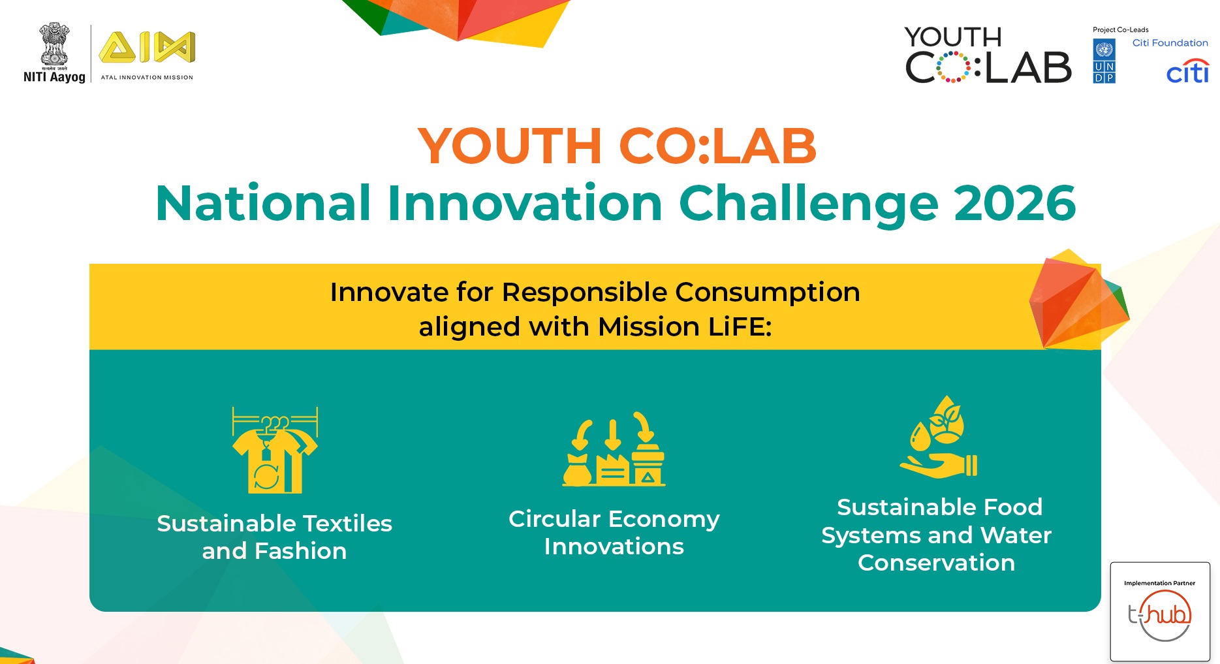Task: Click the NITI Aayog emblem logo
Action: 54,53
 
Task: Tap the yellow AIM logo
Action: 147,47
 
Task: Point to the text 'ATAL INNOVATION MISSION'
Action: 147,77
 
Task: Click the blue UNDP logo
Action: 1104,61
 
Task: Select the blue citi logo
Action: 1187,71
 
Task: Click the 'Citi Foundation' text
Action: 1170,43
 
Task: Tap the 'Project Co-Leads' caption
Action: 1120,29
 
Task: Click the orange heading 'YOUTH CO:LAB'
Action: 617,146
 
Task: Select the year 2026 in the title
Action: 1014,203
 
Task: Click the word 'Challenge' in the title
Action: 809,204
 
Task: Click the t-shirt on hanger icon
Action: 275,450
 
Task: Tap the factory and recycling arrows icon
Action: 614,449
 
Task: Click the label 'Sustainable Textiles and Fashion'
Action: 274,537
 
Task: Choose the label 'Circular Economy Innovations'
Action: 614,532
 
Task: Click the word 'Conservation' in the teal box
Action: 936,563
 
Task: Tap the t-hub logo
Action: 1160,615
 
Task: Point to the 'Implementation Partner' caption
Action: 1159,583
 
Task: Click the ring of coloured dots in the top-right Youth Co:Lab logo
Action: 954,67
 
